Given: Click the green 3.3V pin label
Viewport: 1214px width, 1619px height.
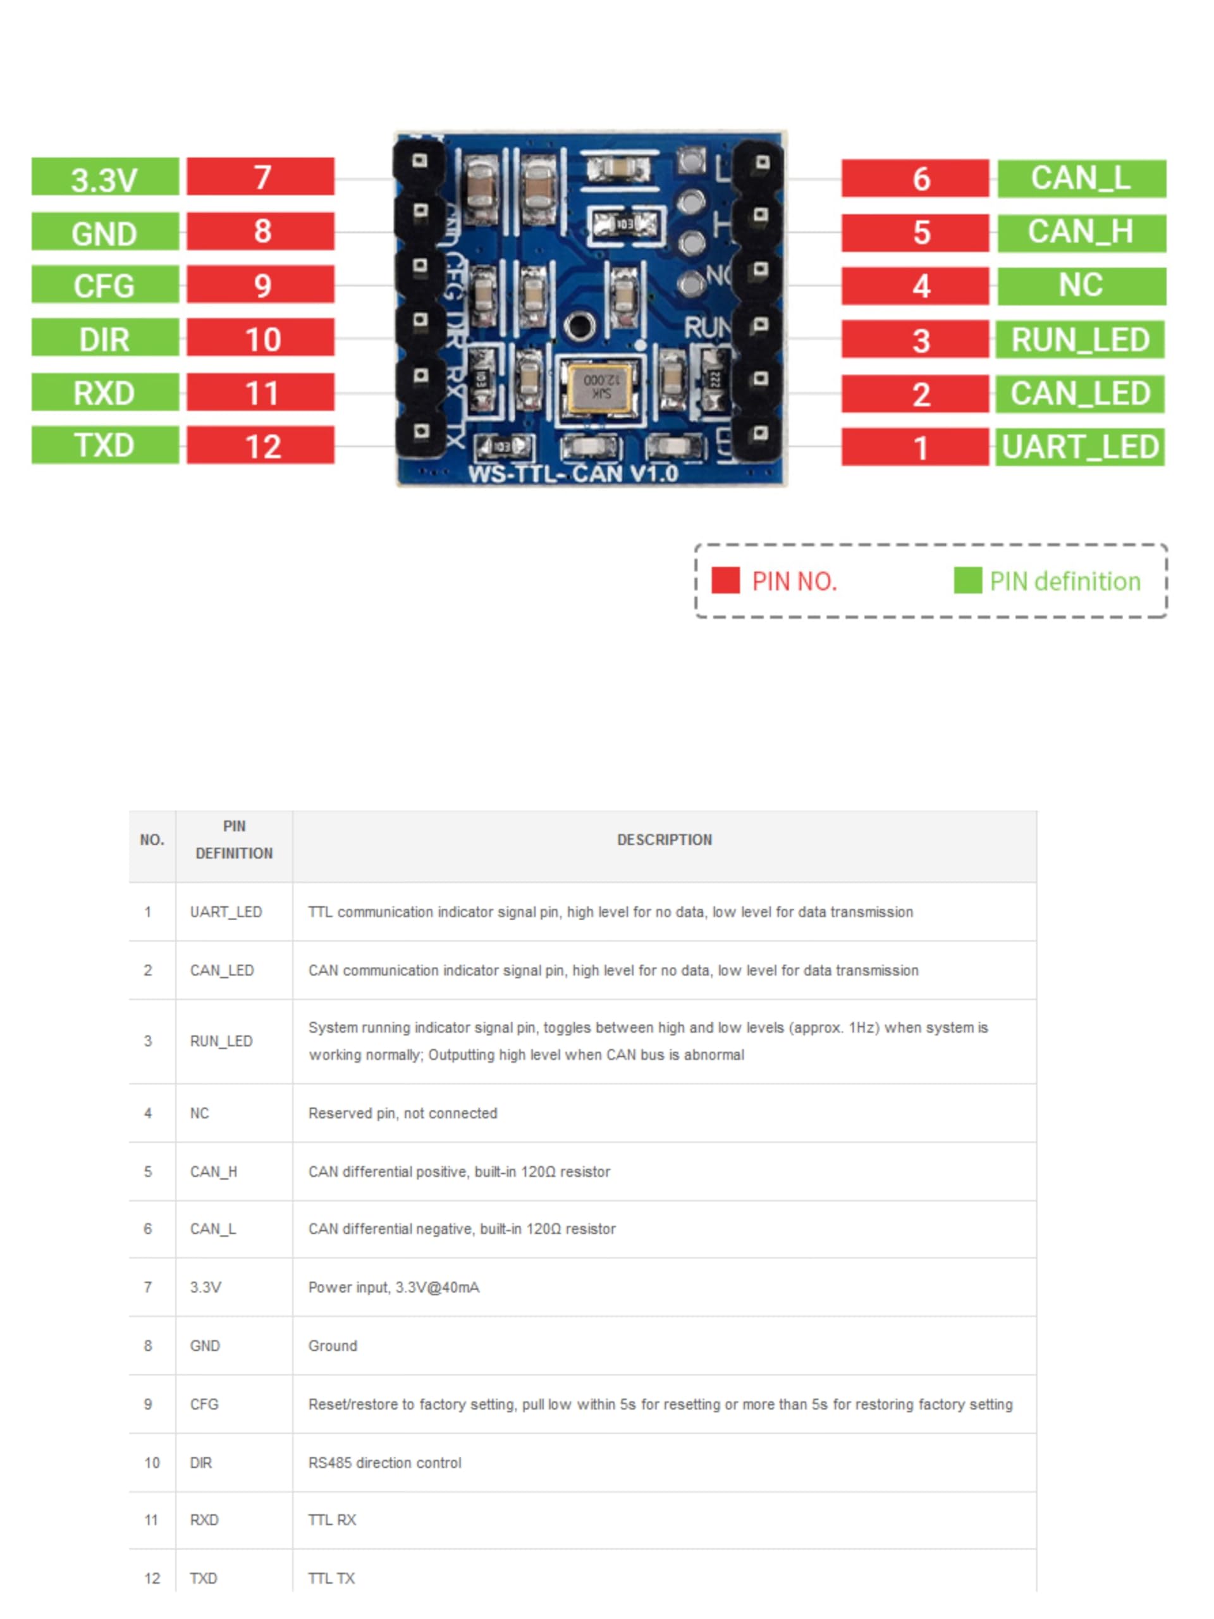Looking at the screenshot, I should click(104, 176).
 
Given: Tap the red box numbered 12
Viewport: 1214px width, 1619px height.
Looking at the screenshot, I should click(261, 445).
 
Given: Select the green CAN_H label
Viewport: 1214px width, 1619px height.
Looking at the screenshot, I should click(1081, 233).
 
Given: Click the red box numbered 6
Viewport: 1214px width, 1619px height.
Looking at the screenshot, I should click(915, 178).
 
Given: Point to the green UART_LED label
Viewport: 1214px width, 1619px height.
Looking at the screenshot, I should click(1080, 446).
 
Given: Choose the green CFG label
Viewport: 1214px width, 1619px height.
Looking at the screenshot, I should click(104, 285).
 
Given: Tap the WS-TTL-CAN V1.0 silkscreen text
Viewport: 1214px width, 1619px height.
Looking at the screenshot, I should click(573, 474).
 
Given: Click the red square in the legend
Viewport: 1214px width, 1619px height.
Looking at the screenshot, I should click(725, 581).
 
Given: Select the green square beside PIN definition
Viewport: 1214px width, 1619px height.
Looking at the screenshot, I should click(967, 581).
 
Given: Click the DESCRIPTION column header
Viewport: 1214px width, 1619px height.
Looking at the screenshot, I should click(664, 839).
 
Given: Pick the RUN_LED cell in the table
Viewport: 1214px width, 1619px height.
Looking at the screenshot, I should click(221, 1041).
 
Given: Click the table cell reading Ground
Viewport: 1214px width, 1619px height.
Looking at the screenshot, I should click(333, 1345).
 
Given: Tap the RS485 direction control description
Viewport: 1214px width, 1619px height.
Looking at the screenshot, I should click(385, 1462).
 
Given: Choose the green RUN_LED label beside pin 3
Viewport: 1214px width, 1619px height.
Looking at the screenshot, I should click(1080, 340).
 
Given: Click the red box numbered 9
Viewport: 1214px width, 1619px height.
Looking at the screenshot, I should click(261, 285).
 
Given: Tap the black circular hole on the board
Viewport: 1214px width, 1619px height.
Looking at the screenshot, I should click(579, 326).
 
